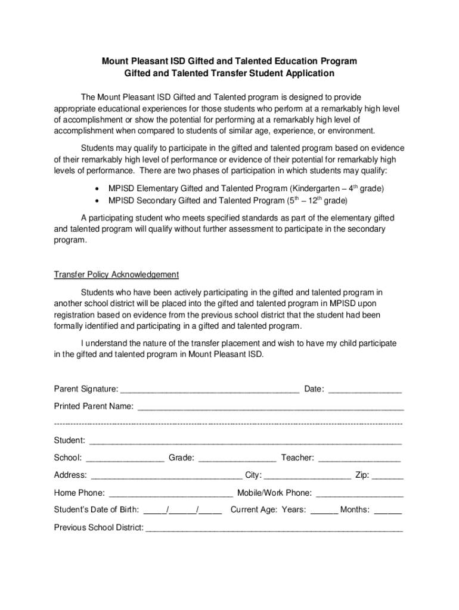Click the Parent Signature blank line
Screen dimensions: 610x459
pyautogui.click(x=209, y=392)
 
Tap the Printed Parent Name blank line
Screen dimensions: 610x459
pyautogui.click(x=271, y=409)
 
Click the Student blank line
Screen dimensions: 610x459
pyautogui.click(x=245, y=444)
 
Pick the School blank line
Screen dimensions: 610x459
pyautogui.click(x=125, y=460)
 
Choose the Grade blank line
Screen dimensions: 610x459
pyautogui.click(x=237, y=460)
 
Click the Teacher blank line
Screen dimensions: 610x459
pyautogui.click(x=359, y=460)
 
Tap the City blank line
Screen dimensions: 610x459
pyautogui.click(x=308, y=478)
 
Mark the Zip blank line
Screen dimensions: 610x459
pyautogui.click(x=388, y=478)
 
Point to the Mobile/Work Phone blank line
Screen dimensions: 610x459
pyautogui.click(x=359, y=496)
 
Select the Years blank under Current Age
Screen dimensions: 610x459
pyautogui.click(x=324, y=512)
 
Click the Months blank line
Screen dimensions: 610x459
pyautogui.click(x=388, y=512)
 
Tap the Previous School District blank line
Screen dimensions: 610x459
pyautogui.click(x=274, y=530)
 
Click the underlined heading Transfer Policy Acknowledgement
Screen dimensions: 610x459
pyautogui.click(x=116, y=275)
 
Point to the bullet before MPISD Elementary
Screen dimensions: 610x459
pyautogui.click(x=97, y=189)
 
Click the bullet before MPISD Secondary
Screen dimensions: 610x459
pyautogui.click(x=97, y=201)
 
